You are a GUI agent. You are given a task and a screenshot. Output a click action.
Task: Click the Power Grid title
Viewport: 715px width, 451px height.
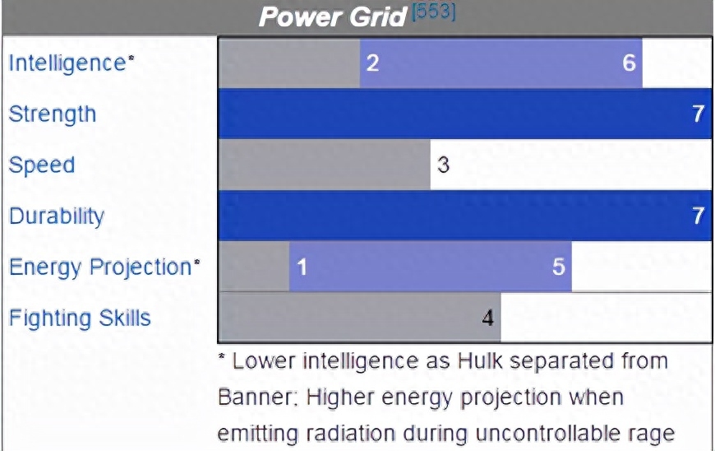coord(332,17)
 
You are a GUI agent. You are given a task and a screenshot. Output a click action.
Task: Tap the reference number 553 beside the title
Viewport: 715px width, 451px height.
coord(433,12)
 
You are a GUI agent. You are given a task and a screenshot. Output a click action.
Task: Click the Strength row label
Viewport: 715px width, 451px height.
coord(53,114)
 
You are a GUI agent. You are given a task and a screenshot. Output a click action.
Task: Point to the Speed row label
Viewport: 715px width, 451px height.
coord(41,165)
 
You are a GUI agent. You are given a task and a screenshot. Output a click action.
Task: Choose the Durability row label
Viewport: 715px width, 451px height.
coord(57,216)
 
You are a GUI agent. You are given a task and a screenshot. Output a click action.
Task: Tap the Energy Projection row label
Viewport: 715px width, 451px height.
coord(104,267)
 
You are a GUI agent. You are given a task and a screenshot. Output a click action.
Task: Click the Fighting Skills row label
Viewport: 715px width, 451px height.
coord(80,318)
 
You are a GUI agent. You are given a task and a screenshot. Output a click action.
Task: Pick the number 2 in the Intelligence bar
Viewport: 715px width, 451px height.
coord(372,63)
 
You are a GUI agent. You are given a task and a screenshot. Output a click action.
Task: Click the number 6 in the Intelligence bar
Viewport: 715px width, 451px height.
coord(630,63)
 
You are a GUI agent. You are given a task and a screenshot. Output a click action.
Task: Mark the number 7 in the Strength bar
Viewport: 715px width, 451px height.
coord(699,114)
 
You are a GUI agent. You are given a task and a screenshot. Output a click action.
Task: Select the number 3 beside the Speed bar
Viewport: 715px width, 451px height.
coord(443,165)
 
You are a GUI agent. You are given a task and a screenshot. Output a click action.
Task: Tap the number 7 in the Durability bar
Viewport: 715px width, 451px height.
coord(699,216)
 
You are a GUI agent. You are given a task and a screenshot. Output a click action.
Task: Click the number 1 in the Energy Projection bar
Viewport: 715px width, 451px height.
coord(302,267)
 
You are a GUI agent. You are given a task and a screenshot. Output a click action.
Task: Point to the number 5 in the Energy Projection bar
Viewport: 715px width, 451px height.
coord(559,267)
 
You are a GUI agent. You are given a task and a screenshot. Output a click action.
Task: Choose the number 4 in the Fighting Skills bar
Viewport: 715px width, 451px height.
coord(488,318)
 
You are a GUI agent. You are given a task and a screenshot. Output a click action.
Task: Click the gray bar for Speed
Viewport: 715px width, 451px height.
coord(324,165)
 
